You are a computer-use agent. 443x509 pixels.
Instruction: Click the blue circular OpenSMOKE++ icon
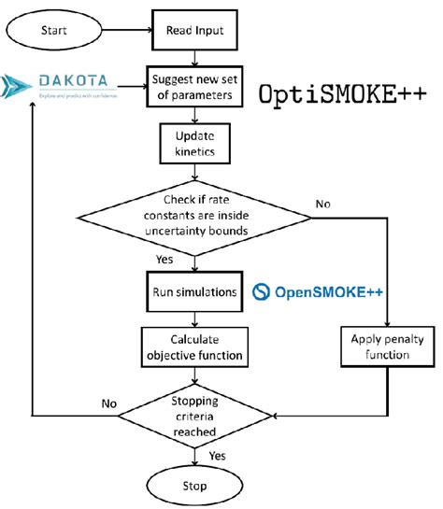[263, 293]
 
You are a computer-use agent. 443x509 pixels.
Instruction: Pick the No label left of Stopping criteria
[108, 404]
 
